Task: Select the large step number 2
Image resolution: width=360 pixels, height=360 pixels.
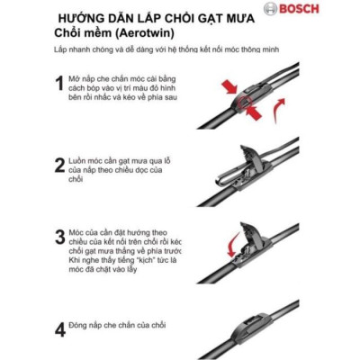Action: click(x=58, y=164)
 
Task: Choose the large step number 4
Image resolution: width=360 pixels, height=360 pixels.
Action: click(x=58, y=328)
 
